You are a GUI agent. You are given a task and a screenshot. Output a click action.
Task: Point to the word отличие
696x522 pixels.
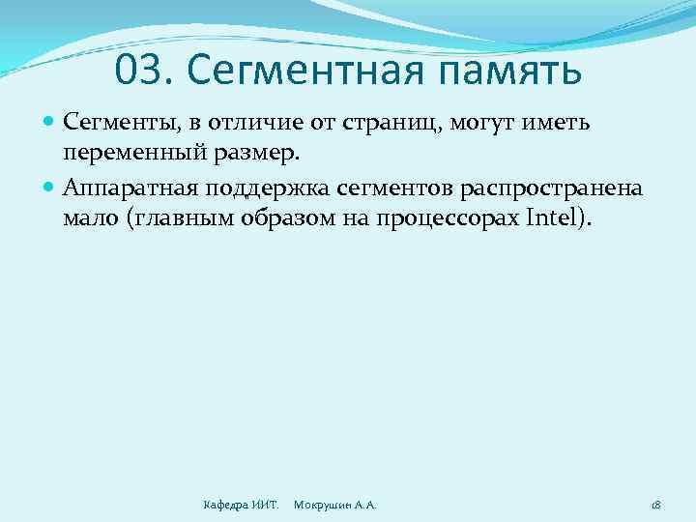[x=259, y=123]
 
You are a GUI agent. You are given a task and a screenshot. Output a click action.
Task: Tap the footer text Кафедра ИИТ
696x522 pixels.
[x=241, y=505]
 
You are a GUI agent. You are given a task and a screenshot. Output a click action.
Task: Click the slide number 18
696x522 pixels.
[x=655, y=505]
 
